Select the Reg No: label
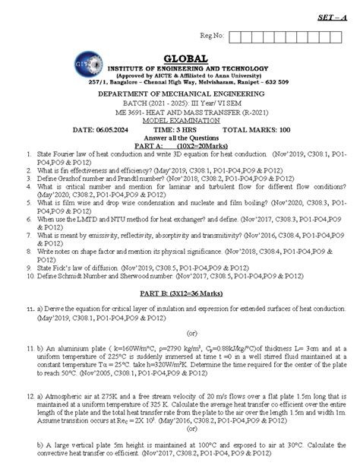tap(215, 35)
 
